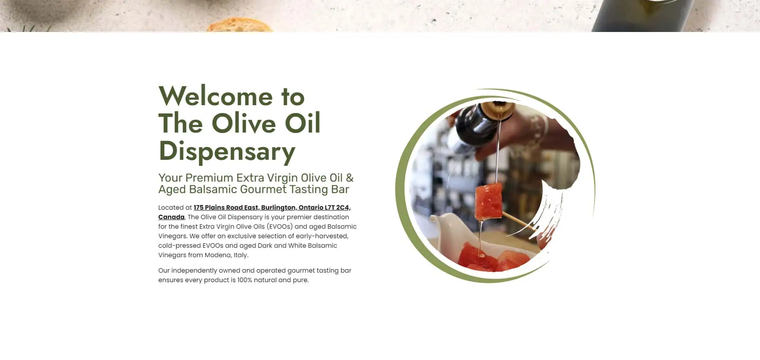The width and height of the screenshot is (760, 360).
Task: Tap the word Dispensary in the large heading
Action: [227, 152]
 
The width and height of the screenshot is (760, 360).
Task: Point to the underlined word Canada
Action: [171, 217]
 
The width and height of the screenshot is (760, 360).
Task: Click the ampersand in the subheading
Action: [350, 178]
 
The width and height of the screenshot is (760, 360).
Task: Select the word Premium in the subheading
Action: [209, 178]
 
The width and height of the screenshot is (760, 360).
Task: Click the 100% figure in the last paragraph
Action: [245, 280]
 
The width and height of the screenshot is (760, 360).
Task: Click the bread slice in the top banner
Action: [240, 26]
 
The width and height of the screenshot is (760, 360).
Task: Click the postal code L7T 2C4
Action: [337, 208]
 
